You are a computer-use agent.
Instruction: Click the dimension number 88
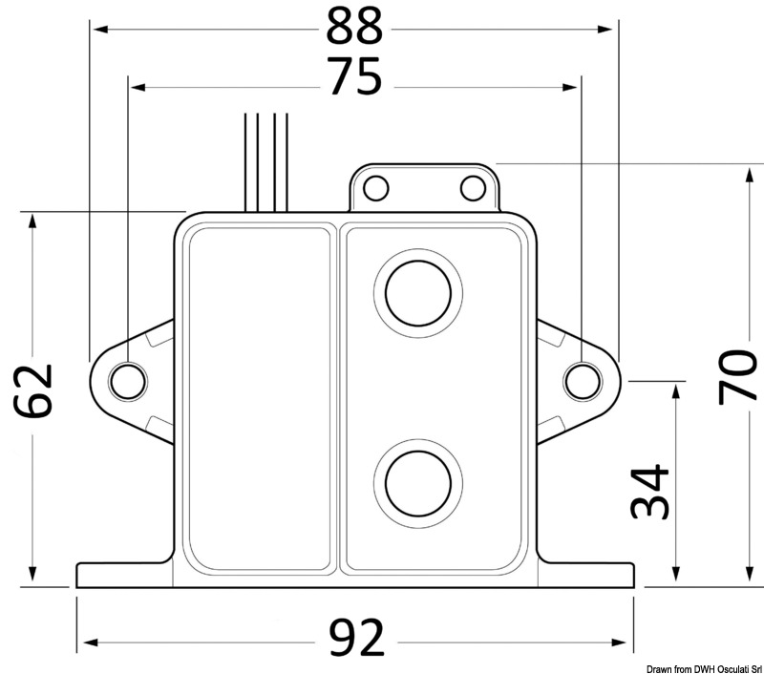[354, 29]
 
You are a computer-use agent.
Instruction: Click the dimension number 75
[354, 78]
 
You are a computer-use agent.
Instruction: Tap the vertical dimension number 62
[36, 391]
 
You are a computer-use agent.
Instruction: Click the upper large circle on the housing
[418, 290]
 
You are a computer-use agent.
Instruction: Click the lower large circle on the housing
[418, 479]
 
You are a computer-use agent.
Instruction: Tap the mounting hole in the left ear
[128, 380]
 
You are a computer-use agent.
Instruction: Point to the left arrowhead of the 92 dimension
[81, 640]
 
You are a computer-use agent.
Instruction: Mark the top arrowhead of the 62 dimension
[34, 219]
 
